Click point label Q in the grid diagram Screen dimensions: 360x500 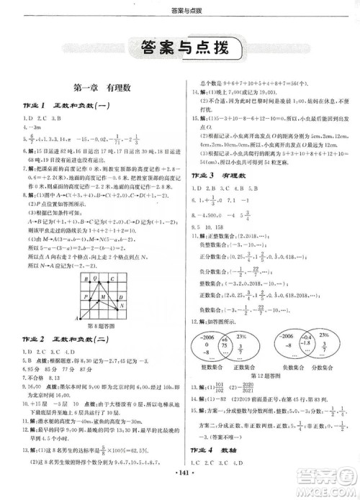[95, 276]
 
